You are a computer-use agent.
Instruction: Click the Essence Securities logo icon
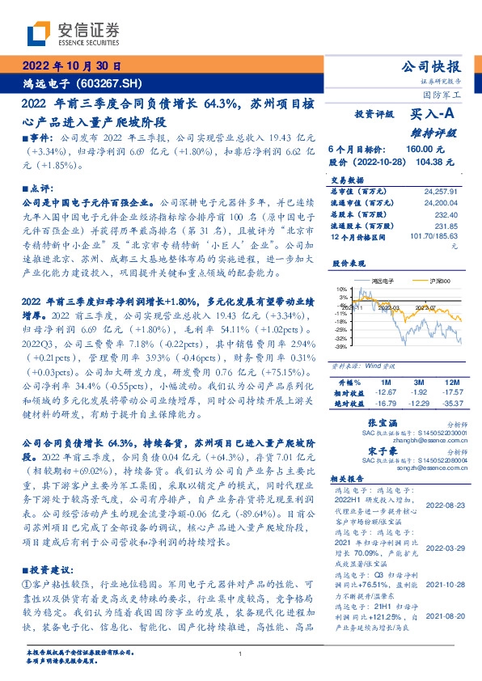(x=39, y=35)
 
